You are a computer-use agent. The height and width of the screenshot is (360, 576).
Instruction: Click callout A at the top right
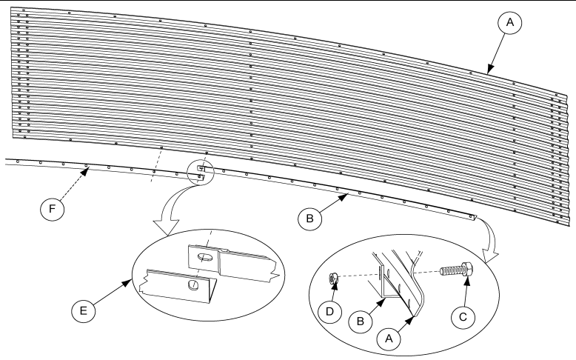pyautogui.click(x=510, y=22)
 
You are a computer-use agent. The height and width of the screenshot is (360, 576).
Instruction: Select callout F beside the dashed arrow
pyautogui.click(x=52, y=209)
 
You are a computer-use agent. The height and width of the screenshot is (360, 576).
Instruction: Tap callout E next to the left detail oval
pyautogui.click(x=84, y=310)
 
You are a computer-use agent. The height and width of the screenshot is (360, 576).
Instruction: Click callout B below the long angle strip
pyautogui.click(x=309, y=219)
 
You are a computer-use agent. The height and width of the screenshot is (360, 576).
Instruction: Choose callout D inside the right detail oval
pyautogui.click(x=330, y=311)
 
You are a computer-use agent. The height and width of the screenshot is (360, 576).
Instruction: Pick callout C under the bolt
pyautogui.click(x=463, y=316)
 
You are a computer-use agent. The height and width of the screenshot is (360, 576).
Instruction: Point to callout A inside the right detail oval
pyautogui.click(x=389, y=338)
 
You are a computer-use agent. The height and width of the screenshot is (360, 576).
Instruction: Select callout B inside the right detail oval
pyautogui.click(x=361, y=321)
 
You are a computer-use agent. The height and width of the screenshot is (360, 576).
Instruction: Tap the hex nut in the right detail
pyautogui.click(x=333, y=279)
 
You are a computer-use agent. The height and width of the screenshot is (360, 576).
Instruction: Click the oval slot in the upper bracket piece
pyautogui.click(x=206, y=257)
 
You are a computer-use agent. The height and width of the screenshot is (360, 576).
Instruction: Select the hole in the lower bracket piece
pyautogui.click(x=193, y=284)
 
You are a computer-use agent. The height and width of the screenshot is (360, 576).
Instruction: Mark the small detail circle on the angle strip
pyautogui.click(x=200, y=172)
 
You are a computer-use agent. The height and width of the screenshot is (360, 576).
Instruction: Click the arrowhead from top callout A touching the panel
pyautogui.click(x=489, y=70)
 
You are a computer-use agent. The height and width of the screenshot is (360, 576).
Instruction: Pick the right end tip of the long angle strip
pyautogui.click(x=476, y=217)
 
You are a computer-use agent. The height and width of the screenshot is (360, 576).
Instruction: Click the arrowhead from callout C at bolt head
pyautogui.click(x=467, y=281)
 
